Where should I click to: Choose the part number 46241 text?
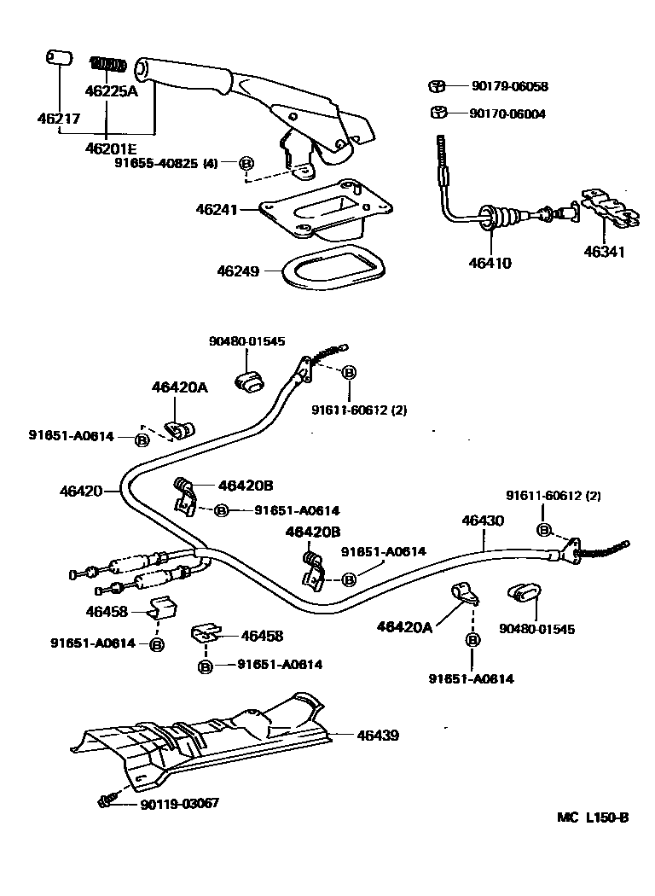[x=217, y=209]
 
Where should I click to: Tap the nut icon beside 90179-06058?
[x=438, y=86]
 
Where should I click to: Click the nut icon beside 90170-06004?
[x=438, y=113]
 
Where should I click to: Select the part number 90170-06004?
[x=508, y=113]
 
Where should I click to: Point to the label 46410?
[x=490, y=264]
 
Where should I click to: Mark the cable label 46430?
[x=483, y=520]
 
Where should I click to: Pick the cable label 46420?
[x=81, y=492]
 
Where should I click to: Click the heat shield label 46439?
[x=378, y=735]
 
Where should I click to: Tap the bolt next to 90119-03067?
[x=105, y=800]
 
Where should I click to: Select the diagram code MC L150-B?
[x=593, y=817]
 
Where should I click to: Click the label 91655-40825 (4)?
[x=166, y=163]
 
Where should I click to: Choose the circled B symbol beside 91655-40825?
[x=246, y=163]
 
